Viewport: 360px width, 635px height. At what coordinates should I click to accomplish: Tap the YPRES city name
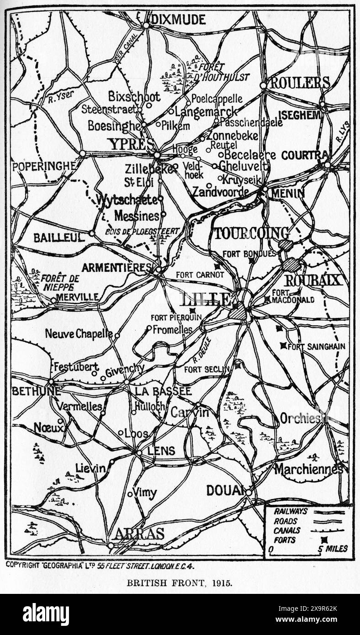click(131, 144)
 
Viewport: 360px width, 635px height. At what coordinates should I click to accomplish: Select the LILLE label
click(206, 299)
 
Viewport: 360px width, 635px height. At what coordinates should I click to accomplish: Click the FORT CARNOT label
click(200, 275)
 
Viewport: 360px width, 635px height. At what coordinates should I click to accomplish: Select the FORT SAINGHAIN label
click(317, 347)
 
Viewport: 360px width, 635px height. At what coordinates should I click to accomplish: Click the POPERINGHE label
click(44, 166)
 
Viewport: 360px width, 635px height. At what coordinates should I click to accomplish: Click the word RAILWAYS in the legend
click(291, 512)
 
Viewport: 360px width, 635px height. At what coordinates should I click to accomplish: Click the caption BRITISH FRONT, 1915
click(180, 583)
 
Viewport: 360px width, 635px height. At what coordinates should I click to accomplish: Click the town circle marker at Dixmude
click(146, 26)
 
